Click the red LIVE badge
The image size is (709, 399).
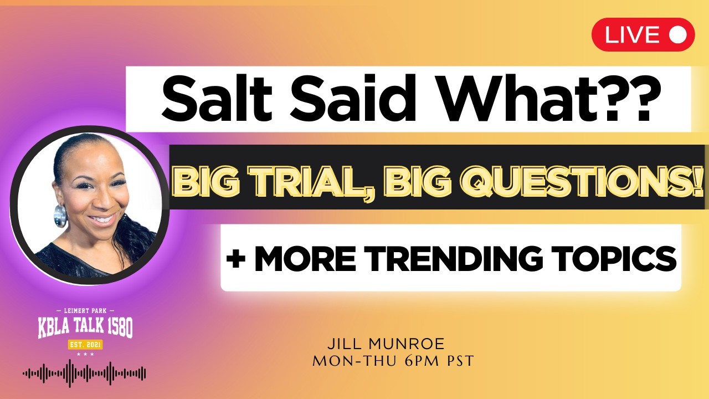(643, 35)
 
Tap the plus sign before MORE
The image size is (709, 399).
(237, 258)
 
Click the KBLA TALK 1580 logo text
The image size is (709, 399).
(85, 328)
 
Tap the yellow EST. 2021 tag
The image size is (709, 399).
(85, 345)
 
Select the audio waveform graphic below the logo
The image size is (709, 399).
(84, 374)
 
